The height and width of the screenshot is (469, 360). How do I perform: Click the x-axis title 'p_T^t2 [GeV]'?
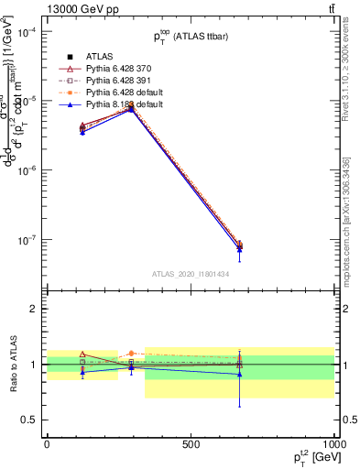[311, 455]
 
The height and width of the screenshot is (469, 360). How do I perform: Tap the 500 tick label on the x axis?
[191, 442]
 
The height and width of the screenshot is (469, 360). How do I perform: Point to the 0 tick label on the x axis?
[47, 442]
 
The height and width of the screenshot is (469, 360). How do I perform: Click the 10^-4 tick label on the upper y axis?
[28, 32]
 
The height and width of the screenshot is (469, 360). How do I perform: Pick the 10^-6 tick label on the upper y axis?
[28, 170]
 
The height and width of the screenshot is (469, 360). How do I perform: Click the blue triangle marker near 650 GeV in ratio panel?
[239, 374]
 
